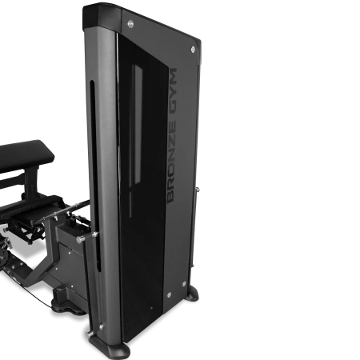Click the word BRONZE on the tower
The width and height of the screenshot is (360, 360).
(x=171, y=162)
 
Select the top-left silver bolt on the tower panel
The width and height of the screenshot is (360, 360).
(x=130, y=24)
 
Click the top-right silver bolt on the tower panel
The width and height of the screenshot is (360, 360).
(x=193, y=50)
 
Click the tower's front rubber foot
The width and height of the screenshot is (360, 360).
(x=110, y=346)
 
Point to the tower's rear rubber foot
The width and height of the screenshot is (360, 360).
(x=193, y=293)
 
